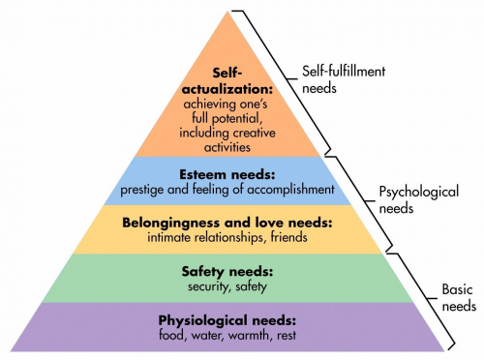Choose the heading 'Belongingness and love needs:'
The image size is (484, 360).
point(226,223)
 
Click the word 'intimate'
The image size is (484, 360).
point(166,236)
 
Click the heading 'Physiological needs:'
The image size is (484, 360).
point(226,320)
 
